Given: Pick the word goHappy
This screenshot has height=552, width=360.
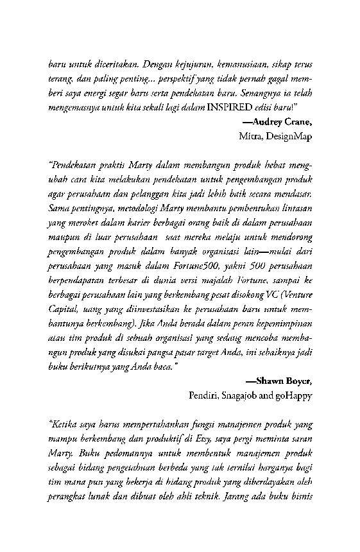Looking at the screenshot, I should pyautogui.click(x=295, y=395).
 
